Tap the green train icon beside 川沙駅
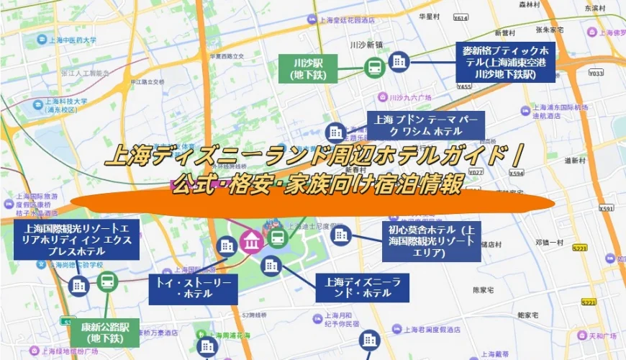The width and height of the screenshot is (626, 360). [374, 68]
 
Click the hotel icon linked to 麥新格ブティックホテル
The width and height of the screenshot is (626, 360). [398, 62]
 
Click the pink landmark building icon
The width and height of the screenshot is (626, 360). [251, 239]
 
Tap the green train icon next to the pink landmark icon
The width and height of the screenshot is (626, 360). [276, 238]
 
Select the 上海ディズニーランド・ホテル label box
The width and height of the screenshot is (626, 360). [363, 287]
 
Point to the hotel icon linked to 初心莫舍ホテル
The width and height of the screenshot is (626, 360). [340, 233]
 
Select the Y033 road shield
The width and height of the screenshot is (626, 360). [596, 73]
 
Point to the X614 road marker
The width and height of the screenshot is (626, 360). [461, 37]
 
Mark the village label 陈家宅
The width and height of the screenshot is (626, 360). [481, 290]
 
